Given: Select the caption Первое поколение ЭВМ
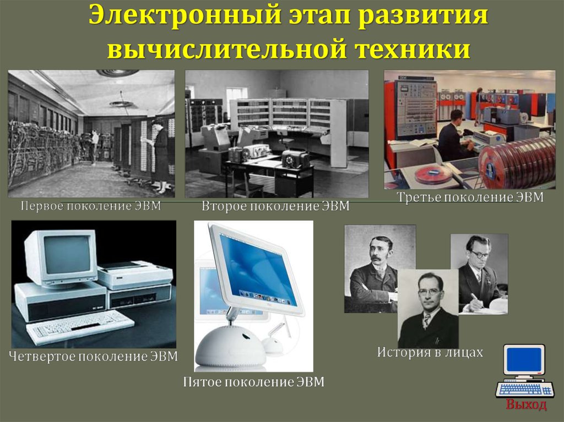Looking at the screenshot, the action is [x=91, y=206].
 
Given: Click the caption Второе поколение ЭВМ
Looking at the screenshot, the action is [x=275, y=206].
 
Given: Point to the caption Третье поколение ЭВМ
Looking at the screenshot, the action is [x=470, y=197].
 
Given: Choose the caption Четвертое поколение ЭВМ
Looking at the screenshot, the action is [x=93, y=356].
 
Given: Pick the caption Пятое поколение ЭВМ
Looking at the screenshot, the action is [x=253, y=381].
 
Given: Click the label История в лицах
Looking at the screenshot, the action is [x=430, y=352].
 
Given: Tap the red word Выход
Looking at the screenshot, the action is [x=526, y=404].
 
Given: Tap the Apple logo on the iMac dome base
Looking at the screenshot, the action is [x=246, y=336].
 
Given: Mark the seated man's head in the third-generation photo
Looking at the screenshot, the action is [x=457, y=118].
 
